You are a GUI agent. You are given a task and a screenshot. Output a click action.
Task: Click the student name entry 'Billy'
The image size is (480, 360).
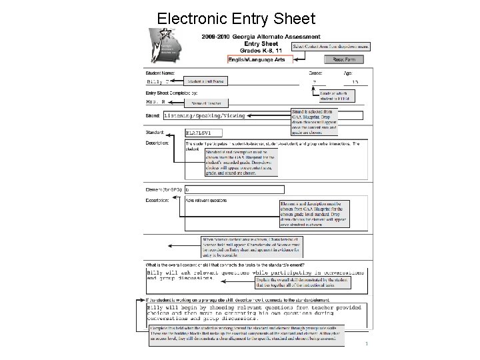(154, 82)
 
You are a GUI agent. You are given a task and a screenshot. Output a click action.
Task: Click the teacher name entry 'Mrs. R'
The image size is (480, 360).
(155, 103)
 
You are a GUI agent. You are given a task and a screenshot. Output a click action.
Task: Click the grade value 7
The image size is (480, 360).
(314, 82)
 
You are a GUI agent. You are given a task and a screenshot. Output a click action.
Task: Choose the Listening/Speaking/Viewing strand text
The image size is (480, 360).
(204, 116)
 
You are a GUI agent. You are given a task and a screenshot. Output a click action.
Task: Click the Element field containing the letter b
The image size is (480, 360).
(234, 189)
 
